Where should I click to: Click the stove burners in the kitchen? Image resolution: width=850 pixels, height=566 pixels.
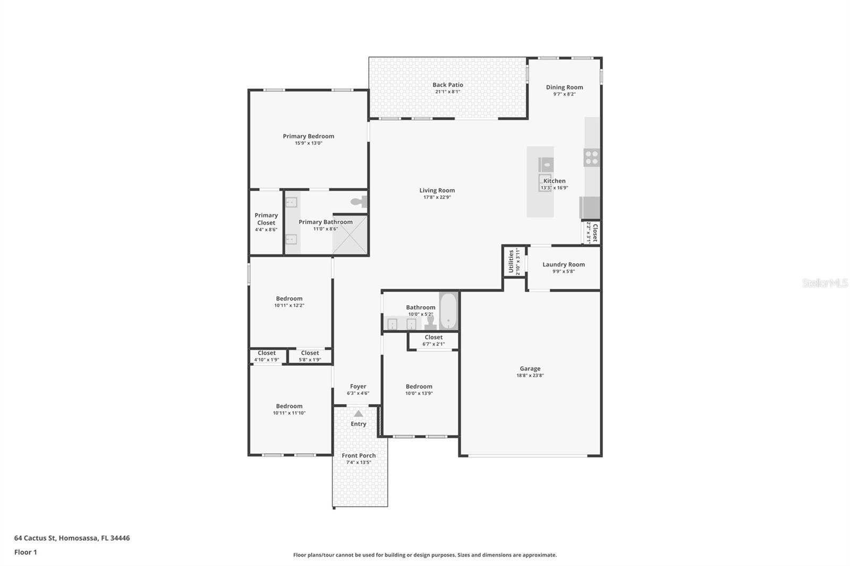tap(591, 157)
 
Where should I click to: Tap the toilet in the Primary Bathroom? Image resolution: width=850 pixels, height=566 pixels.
tap(360, 202)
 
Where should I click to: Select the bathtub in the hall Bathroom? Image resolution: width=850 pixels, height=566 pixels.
tap(448, 311)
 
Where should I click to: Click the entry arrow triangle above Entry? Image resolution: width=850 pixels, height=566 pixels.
tap(359, 414)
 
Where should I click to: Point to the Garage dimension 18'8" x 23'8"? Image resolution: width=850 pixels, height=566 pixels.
tap(530, 375)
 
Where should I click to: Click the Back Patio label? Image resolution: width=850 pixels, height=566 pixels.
tap(447, 85)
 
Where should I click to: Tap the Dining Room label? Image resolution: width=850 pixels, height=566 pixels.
tap(564, 88)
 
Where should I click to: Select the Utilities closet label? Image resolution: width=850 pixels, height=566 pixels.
tap(511, 261)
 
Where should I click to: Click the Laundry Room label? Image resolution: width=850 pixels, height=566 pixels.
tap(563, 264)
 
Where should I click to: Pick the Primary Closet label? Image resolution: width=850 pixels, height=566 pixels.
tap(266, 219)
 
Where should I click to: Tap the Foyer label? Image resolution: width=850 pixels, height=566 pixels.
tap(358, 387)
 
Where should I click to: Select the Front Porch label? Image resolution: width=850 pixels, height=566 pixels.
tap(359, 456)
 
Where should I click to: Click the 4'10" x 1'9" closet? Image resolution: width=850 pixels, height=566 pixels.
tap(267, 356)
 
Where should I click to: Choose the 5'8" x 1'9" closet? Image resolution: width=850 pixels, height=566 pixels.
tap(310, 356)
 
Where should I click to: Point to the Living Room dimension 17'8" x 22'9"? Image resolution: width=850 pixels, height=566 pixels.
tap(437, 198)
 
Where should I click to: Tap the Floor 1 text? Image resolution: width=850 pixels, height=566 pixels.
tap(25, 552)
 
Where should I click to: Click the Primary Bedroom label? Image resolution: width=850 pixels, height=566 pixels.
tap(308, 136)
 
